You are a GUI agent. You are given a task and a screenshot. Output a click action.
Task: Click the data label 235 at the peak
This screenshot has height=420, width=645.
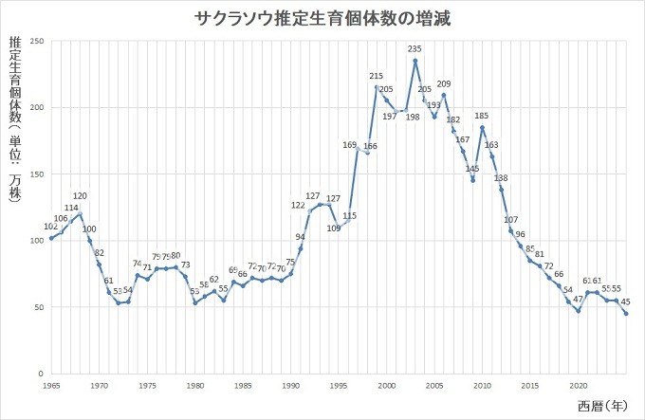(x=415, y=48)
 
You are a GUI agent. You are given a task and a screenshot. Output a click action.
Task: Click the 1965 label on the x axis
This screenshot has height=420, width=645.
(x=51, y=386)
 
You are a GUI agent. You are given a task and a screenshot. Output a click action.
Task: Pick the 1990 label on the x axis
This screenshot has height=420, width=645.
(x=291, y=386)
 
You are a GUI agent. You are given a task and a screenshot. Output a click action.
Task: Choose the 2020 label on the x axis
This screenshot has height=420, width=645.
(x=578, y=386)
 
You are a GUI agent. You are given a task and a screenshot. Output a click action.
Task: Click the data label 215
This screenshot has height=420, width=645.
(x=377, y=76)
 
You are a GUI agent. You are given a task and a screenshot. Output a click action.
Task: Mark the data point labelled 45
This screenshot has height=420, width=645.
(x=626, y=314)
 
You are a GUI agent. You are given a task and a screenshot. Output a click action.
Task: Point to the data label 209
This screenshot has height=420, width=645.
(x=444, y=83)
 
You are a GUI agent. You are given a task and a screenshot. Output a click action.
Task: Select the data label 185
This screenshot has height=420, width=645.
(x=482, y=116)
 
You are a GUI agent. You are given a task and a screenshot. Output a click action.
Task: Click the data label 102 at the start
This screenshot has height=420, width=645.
(x=51, y=227)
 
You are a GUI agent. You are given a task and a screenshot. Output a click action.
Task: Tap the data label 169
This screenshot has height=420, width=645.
(x=349, y=144)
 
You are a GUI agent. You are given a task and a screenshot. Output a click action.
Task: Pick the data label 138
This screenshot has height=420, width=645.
(x=502, y=178)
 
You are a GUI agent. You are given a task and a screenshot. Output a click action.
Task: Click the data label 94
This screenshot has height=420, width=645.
(x=301, y=237)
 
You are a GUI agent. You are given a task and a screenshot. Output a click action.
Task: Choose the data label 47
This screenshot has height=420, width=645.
(x=578, y=299)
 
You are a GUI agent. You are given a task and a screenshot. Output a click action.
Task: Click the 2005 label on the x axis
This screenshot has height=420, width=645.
(x=434, y=386)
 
